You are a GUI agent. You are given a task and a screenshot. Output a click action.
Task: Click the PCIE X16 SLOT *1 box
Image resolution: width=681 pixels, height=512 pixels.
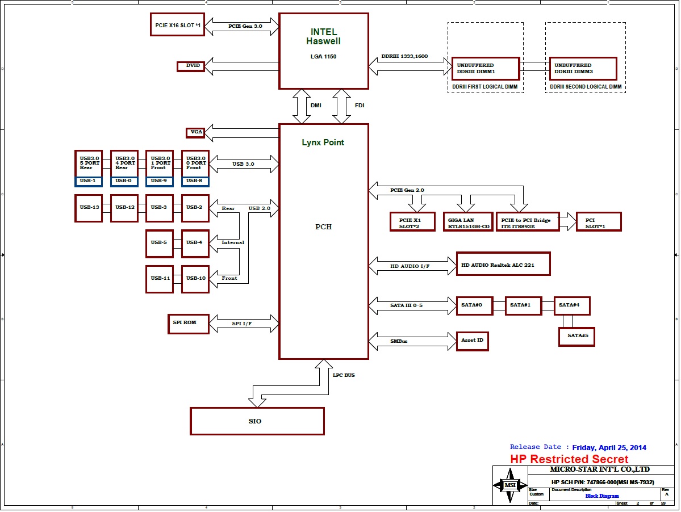(177, 24)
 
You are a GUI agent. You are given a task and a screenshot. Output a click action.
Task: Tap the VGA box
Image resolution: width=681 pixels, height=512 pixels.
(195, 132)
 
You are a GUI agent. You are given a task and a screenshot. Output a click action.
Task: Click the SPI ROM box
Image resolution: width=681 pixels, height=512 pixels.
(189, 323)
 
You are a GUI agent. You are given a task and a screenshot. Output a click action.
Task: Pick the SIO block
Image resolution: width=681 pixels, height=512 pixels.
(257, 421)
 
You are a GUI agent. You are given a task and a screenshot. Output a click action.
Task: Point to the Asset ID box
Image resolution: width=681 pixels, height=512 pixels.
(472, 341)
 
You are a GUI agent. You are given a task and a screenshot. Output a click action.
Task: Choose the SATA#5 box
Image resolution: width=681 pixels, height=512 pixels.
(576, 336)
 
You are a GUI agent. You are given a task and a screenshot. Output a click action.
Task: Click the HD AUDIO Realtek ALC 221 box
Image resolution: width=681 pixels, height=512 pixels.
(503, 264)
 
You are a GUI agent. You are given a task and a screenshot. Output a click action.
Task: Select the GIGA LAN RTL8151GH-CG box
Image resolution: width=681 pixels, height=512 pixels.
(468, 221)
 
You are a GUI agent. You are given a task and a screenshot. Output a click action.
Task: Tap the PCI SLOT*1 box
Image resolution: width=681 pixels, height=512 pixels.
(599, 221)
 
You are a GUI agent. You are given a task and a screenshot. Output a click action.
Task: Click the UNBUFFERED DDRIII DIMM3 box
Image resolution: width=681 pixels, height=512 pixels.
(583, 68)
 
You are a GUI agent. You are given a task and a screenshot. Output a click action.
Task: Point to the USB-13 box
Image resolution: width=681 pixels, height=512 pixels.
(89, 208)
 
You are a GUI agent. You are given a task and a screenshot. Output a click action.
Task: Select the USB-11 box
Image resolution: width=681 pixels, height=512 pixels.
(160, 279)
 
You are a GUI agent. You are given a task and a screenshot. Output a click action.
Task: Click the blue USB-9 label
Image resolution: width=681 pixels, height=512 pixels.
(160, 181)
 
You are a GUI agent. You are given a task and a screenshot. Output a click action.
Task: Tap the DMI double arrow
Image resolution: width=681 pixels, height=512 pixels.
(301, 106)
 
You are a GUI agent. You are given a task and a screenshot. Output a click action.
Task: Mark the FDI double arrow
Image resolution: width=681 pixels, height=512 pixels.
(342, 106)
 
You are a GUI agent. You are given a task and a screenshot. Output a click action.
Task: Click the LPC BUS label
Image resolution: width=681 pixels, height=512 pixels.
(344, 375)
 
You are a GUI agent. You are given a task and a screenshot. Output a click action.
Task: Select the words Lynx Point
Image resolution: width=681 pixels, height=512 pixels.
(323, 142)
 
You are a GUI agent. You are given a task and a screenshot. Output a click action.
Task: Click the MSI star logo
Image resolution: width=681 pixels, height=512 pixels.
(511, 485)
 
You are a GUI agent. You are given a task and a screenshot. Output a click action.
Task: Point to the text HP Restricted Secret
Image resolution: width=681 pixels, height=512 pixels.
(569, 459)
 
